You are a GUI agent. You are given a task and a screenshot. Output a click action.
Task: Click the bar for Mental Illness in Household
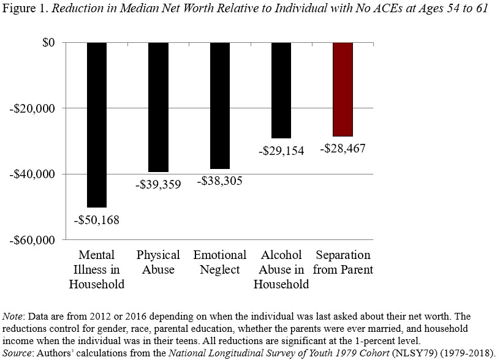(97, 125)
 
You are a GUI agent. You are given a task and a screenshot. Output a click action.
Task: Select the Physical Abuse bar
(158, 107)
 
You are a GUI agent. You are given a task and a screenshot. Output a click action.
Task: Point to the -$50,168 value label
(97, 219)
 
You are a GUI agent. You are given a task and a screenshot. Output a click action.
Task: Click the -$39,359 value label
(158, 184)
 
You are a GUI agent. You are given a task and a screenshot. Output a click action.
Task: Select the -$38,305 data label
(219, 181)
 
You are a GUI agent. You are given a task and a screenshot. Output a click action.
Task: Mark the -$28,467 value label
(343, 149)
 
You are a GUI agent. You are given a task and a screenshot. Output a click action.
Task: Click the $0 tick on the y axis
(47, 43)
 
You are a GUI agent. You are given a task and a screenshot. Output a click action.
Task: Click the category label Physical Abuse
(158, 262)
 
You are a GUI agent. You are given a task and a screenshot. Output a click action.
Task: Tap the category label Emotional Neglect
(219, 262)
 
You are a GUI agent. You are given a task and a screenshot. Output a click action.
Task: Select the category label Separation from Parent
(343, 262)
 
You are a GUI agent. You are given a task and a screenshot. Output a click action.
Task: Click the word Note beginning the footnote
(13, 317)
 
